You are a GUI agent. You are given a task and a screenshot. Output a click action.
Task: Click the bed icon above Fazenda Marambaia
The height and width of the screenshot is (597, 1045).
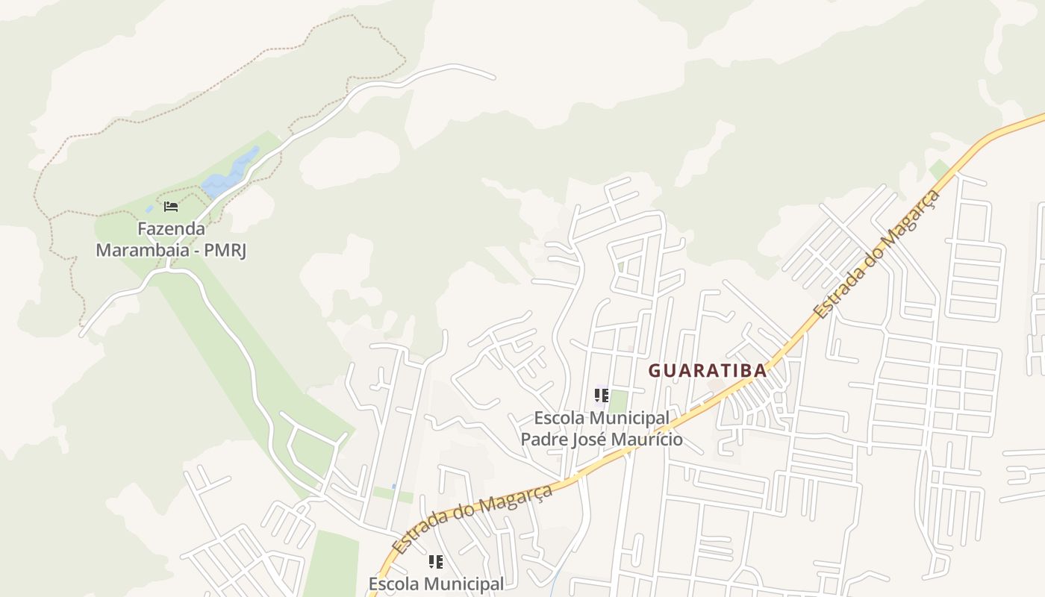[x=171, y=206]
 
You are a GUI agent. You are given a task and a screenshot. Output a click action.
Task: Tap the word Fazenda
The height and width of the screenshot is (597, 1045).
[x=171, y=228]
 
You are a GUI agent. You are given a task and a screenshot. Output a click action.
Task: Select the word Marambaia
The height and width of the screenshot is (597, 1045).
[x=141, y=249]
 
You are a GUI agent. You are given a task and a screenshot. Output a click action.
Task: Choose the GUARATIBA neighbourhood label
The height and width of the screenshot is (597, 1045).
[x=707, y=370]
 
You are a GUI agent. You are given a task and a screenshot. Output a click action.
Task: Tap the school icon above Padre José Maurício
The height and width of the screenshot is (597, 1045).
[x=602, y=396]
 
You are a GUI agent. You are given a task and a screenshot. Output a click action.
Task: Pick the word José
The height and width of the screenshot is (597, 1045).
[x=590, y=439]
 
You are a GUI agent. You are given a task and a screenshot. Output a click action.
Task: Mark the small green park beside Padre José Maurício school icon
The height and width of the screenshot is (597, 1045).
[x=618, y=401]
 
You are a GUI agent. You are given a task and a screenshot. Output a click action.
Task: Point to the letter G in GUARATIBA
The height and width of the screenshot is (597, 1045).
[x=654, y=370]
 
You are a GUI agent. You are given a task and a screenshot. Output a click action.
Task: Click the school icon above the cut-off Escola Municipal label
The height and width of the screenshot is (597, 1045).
[x=436, y=562]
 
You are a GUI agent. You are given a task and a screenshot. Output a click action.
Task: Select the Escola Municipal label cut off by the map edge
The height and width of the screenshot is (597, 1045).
[x=436, y=584]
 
